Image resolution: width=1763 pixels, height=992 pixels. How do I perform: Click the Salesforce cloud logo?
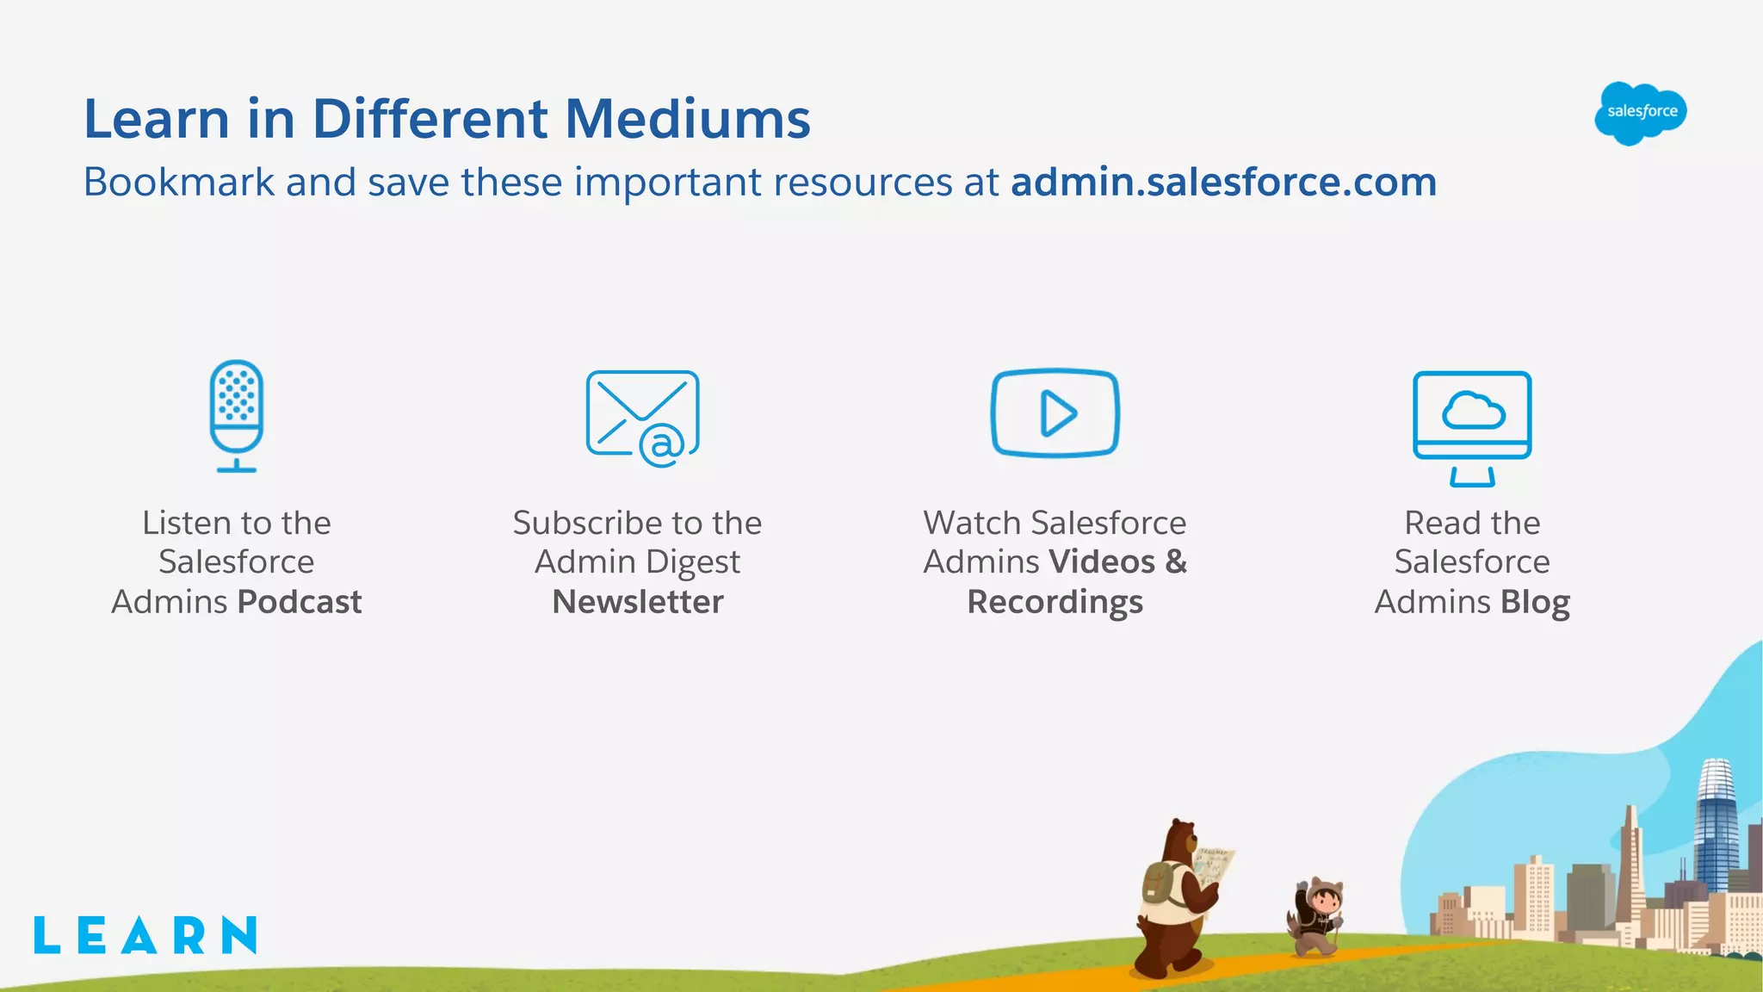[x=1640, y=113]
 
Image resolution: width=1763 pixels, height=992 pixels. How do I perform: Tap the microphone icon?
[x=237, y=415]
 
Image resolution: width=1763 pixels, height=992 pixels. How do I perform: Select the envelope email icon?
[x=642, y=418]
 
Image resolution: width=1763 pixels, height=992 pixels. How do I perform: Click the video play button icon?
[x=1055, y=413]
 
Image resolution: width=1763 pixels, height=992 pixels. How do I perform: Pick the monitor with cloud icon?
[x=1472, y=426]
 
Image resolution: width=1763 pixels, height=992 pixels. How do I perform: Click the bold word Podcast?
[x=300, y=602]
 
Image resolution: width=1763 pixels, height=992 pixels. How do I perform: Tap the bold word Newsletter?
[x=638, y=602]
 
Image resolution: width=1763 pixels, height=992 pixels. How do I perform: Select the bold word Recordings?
[x=1055, y=602]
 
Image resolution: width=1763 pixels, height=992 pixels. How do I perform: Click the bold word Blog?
[x=1535, y=602]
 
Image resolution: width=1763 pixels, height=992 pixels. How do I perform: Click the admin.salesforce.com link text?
[x=1223, y=183]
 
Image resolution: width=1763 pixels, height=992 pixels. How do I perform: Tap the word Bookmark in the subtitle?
[x=178, y=183]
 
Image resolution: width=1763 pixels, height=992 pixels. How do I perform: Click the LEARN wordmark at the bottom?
[x=145, y=935]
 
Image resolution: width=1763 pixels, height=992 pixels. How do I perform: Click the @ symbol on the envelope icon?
[x=662, y=445]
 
